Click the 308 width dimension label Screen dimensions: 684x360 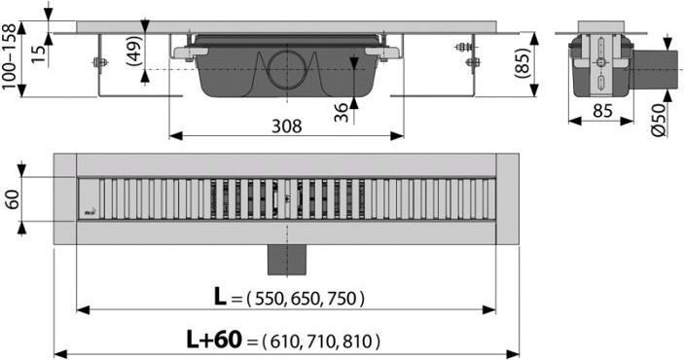point(287,126)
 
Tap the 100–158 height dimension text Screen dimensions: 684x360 point(9,55)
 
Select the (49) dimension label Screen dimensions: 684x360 point(134,51)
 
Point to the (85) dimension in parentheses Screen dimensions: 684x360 point(522,63)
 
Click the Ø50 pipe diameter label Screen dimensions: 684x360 point(660,120)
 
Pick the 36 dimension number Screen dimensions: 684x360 point(342,113)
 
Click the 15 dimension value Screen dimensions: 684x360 point(39,53)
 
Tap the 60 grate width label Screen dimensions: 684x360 point(13,199)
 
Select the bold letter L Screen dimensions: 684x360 point(220,297)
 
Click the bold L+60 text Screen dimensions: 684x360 point(214,339)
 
